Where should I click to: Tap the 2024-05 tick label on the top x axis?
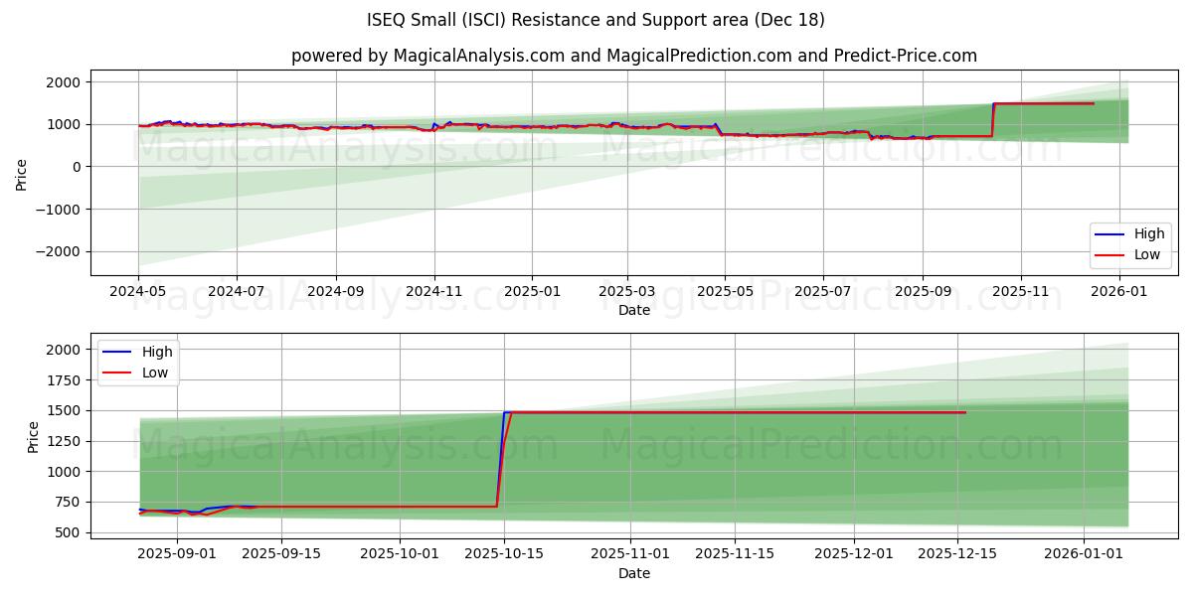[138, 292]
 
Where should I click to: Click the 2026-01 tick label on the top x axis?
[1119, 292]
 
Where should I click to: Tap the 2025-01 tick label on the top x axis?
[531, 292]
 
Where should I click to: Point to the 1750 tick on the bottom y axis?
[63, 380]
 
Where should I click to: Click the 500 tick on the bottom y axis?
[67, 532]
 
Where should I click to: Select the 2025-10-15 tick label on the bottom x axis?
[504, 554]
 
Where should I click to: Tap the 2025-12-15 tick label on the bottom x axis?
[957, 554]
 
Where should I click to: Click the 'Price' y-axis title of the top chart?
[22, 173]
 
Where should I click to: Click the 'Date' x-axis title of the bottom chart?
[633, 573]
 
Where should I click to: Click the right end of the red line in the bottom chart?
[964, 412]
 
